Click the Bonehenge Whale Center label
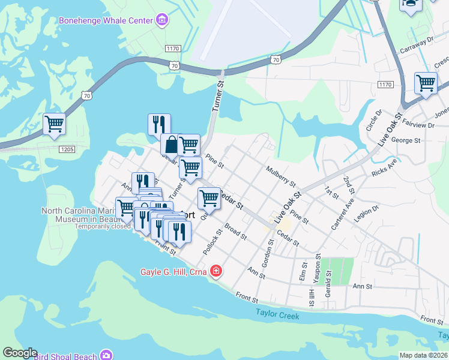(x=105, y=21)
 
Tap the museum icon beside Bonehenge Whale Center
(x=161, y=21)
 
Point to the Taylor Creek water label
(x=277, y=313)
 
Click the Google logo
(x=19, y=353)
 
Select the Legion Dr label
(x=367, y=214)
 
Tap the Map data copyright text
(x=423, y=355)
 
